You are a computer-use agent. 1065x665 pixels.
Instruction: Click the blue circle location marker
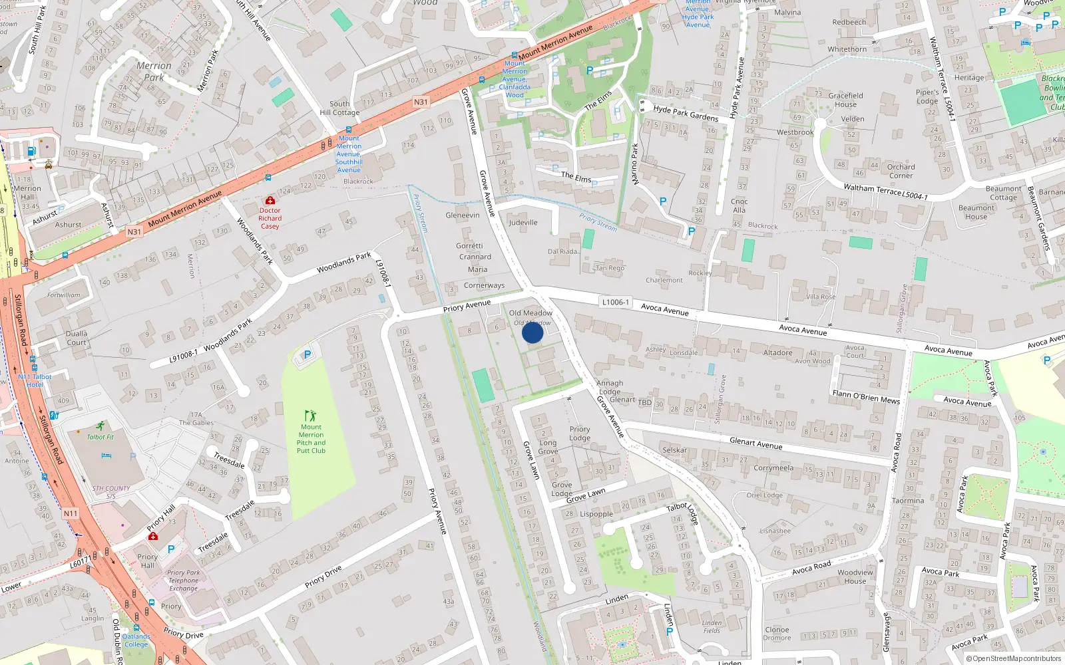coord(532,332)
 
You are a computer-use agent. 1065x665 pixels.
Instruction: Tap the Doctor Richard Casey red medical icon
coord(270,200)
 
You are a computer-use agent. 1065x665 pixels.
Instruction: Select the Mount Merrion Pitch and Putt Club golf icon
coord(310,416)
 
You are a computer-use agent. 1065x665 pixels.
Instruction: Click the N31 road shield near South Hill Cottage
coord(421,102)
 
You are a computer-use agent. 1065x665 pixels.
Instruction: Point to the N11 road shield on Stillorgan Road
coord(71,513)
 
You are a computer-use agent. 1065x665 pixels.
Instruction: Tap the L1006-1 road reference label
coord(615,302)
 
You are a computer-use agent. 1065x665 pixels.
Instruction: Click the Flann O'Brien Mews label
coord(865,397)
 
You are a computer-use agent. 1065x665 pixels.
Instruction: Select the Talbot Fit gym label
coord(101,437)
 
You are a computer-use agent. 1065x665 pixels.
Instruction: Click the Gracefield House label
coord(845,100)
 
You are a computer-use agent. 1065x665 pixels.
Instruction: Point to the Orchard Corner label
coord(901,172)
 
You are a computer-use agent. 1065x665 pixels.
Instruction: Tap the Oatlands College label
coord(136,640)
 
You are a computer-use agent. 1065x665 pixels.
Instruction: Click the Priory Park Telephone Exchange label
coord(183,581)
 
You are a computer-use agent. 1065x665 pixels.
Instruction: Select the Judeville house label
coord(523,223)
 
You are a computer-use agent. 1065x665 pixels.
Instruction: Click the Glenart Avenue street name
coord(755,444)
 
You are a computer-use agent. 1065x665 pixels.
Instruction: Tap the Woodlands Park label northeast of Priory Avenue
coord(343,263)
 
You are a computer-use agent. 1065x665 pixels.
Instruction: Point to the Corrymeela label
coord(773,468)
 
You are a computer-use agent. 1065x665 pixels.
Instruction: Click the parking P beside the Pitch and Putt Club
coord(307,355)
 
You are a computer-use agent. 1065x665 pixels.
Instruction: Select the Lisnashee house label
coord(775,531)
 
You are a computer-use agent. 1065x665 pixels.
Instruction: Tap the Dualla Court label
coord(77,338)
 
